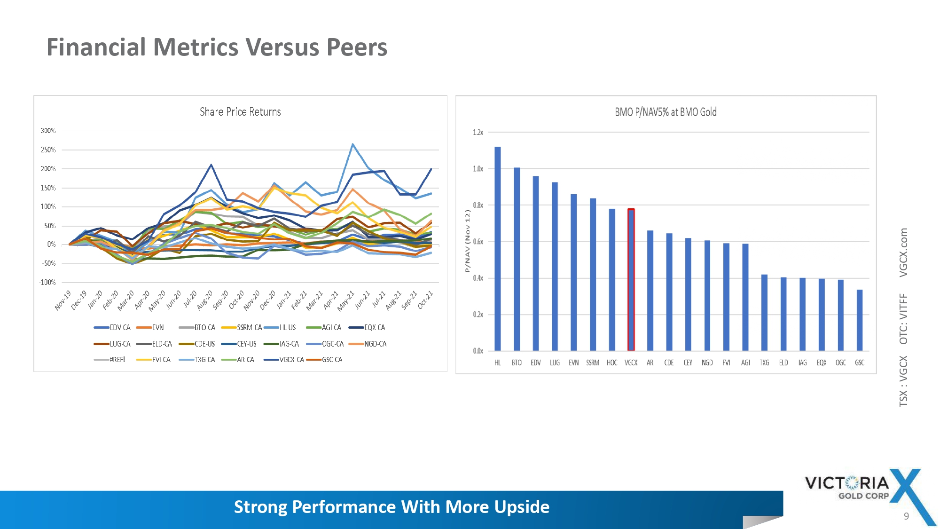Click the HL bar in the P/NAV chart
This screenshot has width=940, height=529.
[498, 249]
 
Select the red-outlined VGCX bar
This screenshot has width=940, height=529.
[631, 280]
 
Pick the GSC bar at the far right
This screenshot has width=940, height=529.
[860, 320]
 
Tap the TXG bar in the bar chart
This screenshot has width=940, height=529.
[764, 313]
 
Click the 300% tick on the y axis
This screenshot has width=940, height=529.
[48, 131]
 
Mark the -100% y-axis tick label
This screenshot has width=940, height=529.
[47, 283]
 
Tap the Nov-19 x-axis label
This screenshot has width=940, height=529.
[63, 300]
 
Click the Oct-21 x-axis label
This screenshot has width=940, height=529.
[425, 300]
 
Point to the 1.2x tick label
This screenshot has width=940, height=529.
[478, 133]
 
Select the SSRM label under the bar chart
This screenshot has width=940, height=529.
[593, 363]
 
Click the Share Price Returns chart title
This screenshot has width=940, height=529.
[240, 112]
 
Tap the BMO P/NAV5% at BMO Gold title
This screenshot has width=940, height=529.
[666, 112]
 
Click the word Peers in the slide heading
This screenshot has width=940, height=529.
[357, 47]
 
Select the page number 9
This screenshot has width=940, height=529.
[906, 516]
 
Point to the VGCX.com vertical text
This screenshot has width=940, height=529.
[903, 253]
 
